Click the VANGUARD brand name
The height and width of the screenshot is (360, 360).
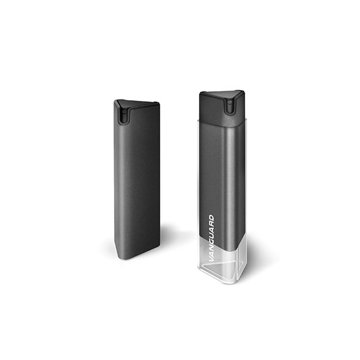click(212, 238)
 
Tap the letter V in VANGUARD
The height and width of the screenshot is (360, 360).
click(212, 259)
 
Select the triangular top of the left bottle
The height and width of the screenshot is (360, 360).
click(137, 104)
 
